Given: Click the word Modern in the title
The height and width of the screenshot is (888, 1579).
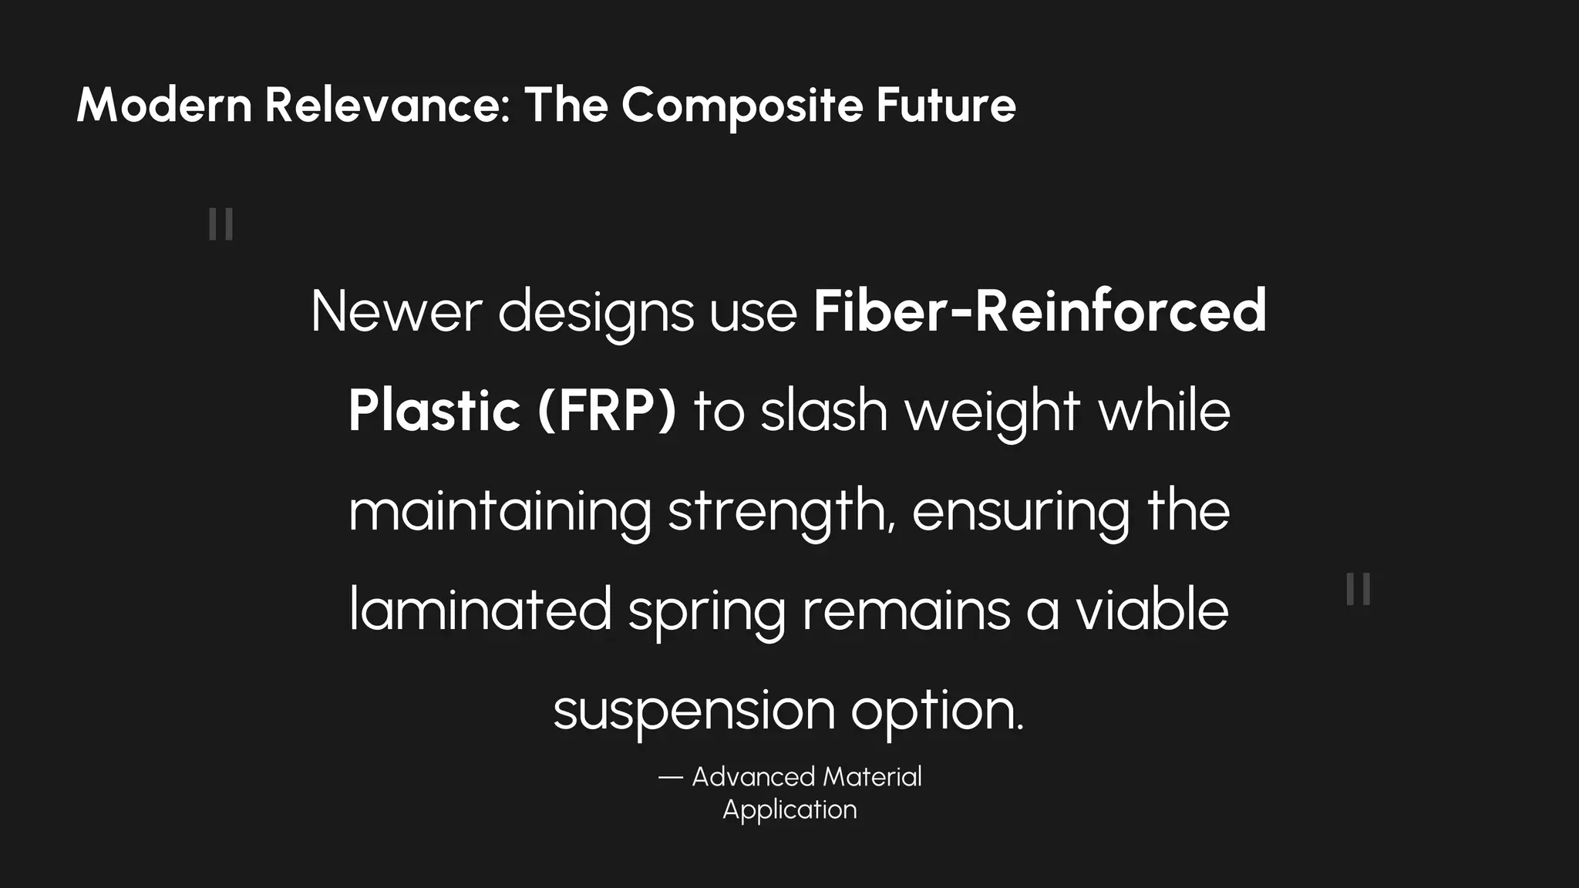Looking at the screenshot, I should (164, 105).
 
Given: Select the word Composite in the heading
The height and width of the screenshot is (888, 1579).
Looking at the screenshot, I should (742, 106).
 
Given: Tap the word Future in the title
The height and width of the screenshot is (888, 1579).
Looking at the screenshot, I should (945, 105).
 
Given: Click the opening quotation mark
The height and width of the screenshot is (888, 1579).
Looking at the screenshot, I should (221, 224).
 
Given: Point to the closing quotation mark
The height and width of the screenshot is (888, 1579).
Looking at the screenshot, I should (1358, 590).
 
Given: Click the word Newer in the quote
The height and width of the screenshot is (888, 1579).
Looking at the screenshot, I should (396, 311).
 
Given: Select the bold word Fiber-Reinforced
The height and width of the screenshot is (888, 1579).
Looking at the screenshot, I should (1039, 311).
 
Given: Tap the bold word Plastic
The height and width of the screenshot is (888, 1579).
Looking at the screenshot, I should (434, 411).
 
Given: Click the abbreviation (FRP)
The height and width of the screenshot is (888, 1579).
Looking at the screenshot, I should (607, 411).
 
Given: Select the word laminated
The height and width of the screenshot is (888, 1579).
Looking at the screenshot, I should (480, 610).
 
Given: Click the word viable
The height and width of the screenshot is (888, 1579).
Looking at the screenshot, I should (1152, 610).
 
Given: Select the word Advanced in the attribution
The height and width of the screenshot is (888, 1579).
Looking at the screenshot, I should (753, 777).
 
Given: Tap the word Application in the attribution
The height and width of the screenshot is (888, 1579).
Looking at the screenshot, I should (789, 810).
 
